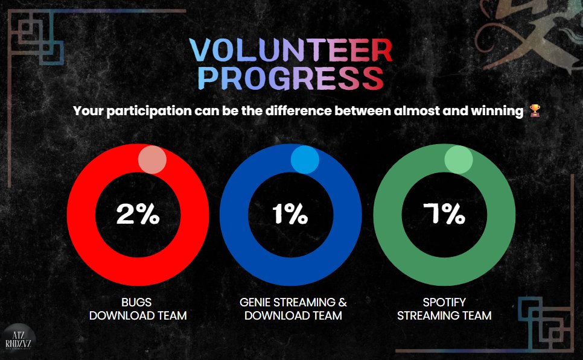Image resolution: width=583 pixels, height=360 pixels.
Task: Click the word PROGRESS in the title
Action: click(291, 78)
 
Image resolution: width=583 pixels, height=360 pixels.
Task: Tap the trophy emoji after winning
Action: click(534, 111)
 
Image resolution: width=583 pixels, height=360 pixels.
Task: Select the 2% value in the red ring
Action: click(138, 215)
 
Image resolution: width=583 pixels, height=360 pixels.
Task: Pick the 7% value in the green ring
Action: click(444, 215)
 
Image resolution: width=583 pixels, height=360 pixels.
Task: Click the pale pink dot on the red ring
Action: click(152, 160)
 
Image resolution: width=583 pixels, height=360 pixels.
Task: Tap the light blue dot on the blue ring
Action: click(305, 160)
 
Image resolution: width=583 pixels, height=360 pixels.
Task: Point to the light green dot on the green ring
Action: click(459, 160)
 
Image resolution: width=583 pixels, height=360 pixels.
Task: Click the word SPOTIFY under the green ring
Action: click(444, 302)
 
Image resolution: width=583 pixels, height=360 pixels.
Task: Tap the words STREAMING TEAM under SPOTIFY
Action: click(444, 315)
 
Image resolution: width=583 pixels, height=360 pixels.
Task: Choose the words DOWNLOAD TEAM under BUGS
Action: click(138, 315)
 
